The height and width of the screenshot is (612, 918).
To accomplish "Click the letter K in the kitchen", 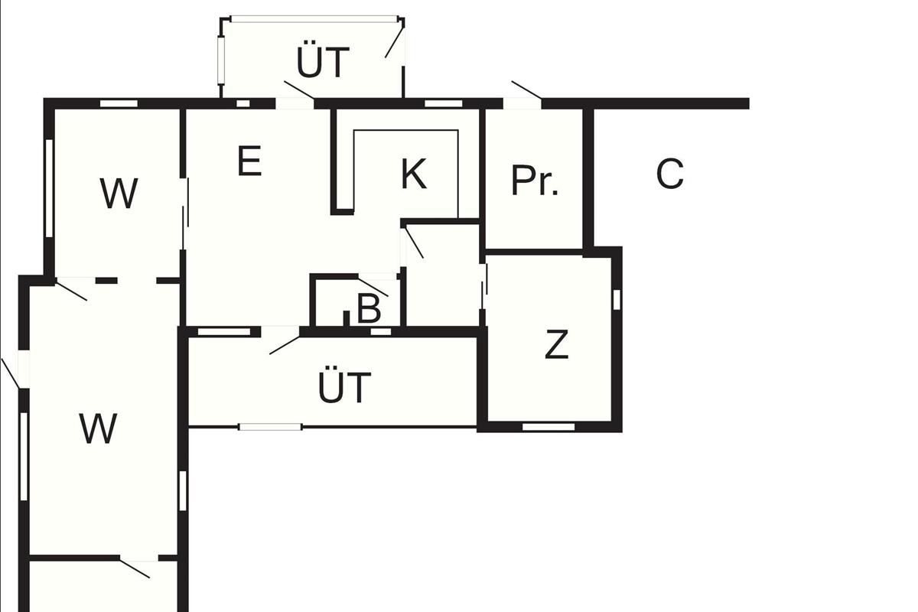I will point(413,174).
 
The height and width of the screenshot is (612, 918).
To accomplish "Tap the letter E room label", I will point(249,161).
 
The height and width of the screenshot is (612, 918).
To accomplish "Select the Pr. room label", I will point(535,181).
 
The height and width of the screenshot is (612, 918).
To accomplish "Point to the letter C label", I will point(669,174).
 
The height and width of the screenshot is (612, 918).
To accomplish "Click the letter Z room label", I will point(557,345).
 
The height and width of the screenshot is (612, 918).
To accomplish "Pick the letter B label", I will point(369,310).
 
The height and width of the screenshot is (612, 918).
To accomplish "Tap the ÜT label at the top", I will point(323,63).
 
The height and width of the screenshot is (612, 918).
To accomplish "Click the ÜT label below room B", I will point(344,388).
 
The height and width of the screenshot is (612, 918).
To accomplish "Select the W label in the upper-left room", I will point(119,194).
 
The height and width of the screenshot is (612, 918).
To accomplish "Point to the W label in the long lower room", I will point(98,429).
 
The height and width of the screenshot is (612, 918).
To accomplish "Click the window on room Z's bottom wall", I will point(548,427).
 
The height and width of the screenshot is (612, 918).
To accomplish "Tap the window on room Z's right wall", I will point(617,299).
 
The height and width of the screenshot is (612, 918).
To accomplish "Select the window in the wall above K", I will point(444,103).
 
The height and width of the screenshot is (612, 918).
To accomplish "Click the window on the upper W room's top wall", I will point(119,103).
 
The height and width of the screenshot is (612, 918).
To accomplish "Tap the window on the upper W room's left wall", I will point(49,187).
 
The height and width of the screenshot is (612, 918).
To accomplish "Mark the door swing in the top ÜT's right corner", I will point(395,40).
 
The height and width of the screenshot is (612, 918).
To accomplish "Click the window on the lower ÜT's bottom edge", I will point(270,426).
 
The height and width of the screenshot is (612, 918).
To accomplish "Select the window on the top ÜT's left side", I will point(221,60).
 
